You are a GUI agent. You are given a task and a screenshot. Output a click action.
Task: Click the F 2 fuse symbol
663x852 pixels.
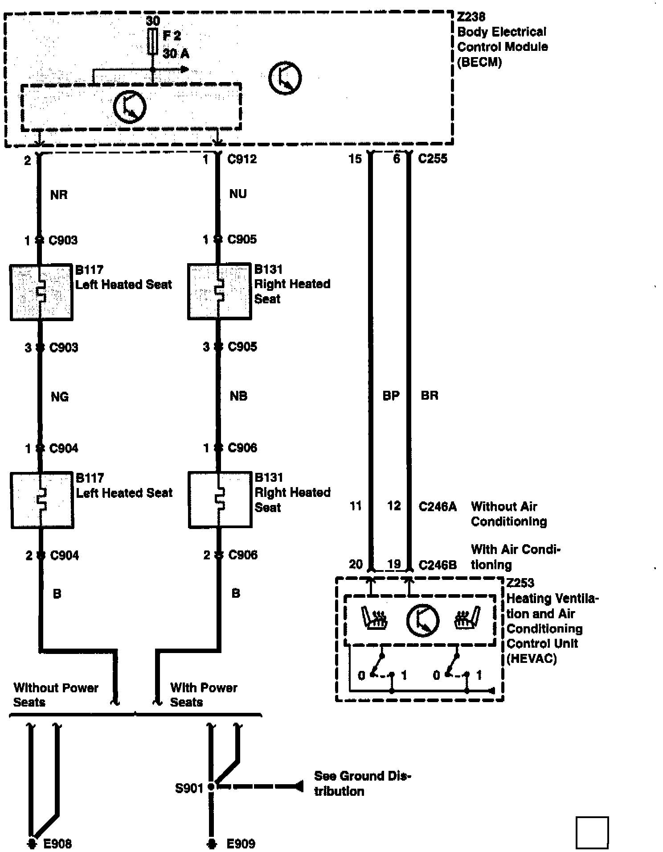153,41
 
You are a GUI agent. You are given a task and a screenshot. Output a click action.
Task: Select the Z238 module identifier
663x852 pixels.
471,17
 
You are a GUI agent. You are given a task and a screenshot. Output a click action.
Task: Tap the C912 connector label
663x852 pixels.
242,159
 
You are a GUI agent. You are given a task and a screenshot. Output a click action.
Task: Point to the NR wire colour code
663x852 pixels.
59,195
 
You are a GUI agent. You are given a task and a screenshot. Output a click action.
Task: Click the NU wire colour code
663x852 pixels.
238,194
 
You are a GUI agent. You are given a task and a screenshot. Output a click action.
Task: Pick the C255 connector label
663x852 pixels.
433,159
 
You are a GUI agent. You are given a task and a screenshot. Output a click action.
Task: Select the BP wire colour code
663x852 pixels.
391,396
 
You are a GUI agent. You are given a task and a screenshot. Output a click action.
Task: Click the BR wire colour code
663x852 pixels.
430,396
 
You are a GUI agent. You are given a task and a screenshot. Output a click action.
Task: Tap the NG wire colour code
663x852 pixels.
60,397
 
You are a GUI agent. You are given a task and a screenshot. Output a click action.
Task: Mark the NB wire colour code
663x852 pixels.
238,396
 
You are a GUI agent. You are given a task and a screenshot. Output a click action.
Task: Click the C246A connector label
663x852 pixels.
438,507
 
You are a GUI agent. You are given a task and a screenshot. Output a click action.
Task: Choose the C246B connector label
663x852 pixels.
438,565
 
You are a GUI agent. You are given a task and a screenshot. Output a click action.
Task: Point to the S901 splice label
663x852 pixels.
189,789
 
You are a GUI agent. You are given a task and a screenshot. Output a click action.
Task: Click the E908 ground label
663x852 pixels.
57,844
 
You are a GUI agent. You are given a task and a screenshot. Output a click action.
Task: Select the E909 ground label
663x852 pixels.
241,844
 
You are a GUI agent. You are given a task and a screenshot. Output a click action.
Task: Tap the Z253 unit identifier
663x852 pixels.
520,583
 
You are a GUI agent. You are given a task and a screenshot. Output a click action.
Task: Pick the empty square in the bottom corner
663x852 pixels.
592,832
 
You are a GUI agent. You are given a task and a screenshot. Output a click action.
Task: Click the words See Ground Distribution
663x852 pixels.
362,783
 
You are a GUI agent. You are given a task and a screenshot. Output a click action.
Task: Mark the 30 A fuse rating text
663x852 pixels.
176,54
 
